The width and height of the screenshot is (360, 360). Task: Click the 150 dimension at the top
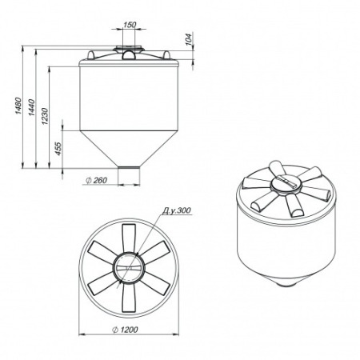[x=130, y=25]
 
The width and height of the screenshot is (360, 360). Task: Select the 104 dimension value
[x=189, y=39]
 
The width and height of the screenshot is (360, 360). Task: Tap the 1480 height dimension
[x=18, y=106]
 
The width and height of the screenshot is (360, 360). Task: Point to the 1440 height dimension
[x=31, y=107]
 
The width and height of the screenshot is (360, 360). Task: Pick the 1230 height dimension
[x=45, y=117]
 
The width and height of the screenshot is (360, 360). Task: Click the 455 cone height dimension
[x=58, y=149]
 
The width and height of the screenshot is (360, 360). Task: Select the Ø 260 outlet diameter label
[x=96, y=180]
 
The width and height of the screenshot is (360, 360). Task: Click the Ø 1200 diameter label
[x=125, y=330]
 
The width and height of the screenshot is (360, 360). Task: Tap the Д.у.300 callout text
[x=177, y=210]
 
